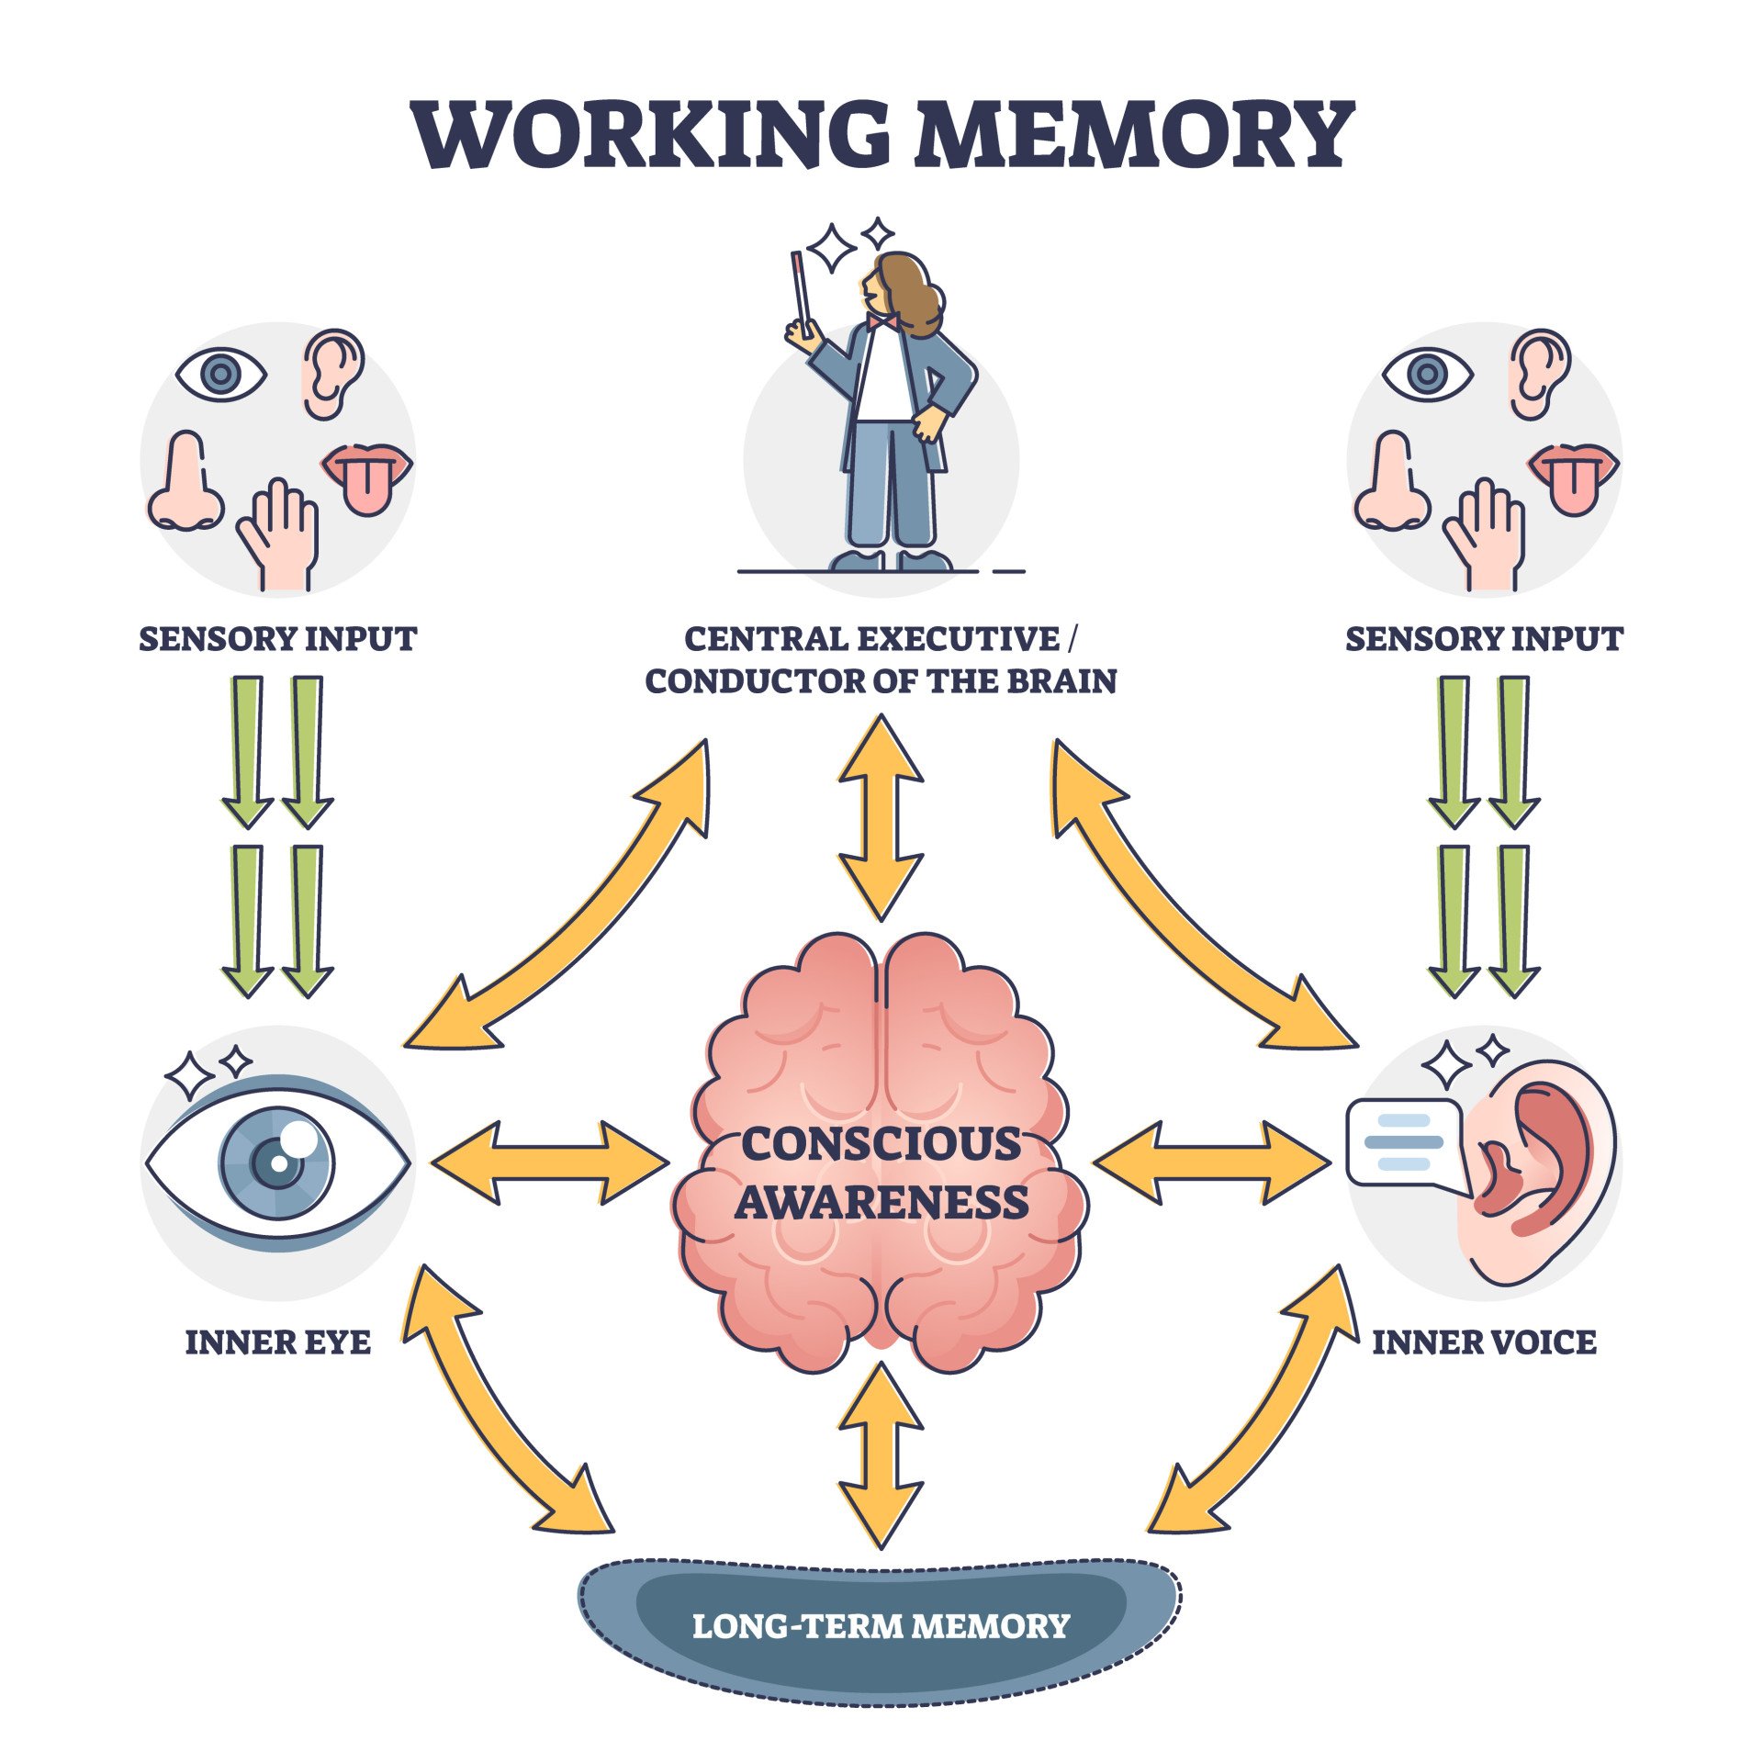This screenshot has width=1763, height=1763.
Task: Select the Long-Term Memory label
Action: [x=881, y=1626]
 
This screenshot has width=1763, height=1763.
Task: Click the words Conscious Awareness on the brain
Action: [x=881, y=1173]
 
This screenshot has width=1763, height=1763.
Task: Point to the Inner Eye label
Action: [x=278, y=1342]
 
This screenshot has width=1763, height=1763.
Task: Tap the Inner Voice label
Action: [x=1484, y=1342]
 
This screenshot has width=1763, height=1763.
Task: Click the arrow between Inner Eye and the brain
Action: [x=549, y=1162]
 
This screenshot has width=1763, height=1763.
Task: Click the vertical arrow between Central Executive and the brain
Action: [x=880, y=817]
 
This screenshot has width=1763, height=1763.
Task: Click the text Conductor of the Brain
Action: [x=881, y=681]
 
